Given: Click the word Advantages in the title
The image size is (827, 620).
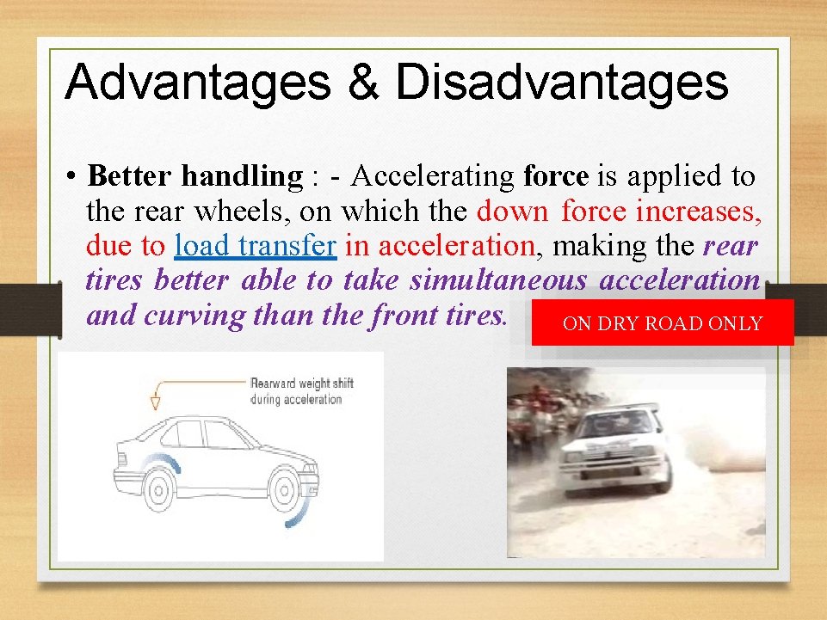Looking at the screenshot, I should coord(196,83).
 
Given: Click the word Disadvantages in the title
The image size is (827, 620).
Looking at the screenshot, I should coord(562,83).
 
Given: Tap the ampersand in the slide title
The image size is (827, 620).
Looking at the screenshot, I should coord(361,83).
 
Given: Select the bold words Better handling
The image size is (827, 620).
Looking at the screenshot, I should coord(195,176).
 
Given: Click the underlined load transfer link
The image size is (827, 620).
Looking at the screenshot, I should coord(255,246).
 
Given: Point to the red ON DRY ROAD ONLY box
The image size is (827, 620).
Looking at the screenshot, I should coord(662,323).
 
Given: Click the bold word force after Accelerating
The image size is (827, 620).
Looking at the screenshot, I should coord(556,176).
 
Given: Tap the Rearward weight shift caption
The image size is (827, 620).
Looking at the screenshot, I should coord(301,391).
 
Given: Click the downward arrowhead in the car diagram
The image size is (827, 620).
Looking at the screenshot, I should coord(156,402).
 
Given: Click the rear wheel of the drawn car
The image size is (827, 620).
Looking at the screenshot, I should coord(158,489).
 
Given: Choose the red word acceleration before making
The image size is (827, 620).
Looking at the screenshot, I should coord(456,246).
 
